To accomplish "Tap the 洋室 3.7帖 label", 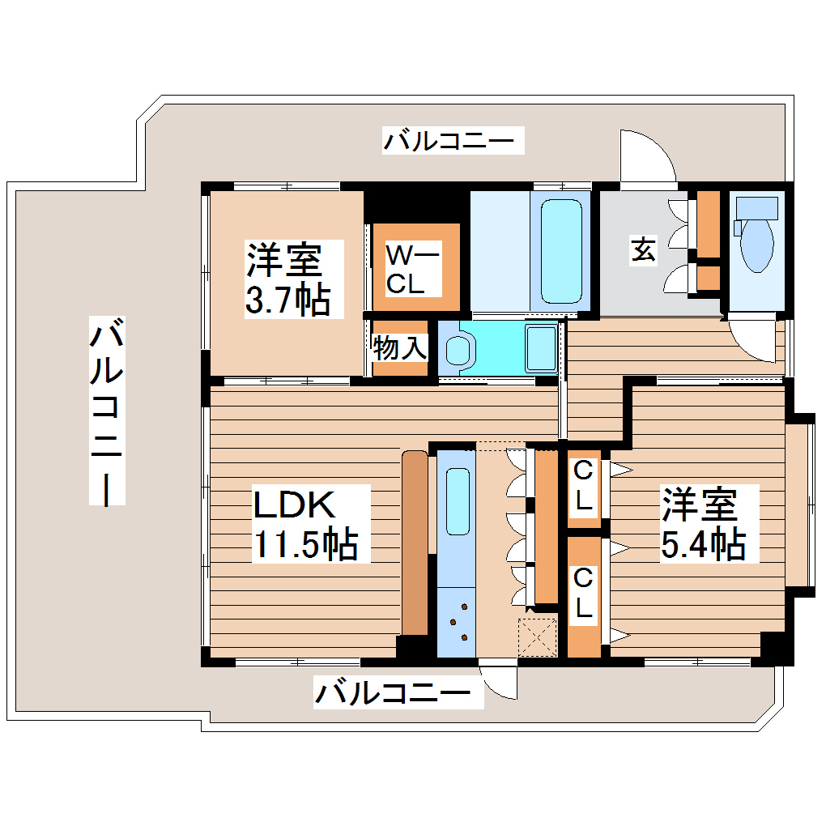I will (x=287, y=279).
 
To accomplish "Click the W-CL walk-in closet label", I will (x=412, y=270).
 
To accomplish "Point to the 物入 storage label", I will (x=399, y=349).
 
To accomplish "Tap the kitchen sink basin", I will (x=458, y=501).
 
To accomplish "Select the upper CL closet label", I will (x=582, y=485).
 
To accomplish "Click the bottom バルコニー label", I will (x=393, y=693).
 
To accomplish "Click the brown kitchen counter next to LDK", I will (x=415, y=543).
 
